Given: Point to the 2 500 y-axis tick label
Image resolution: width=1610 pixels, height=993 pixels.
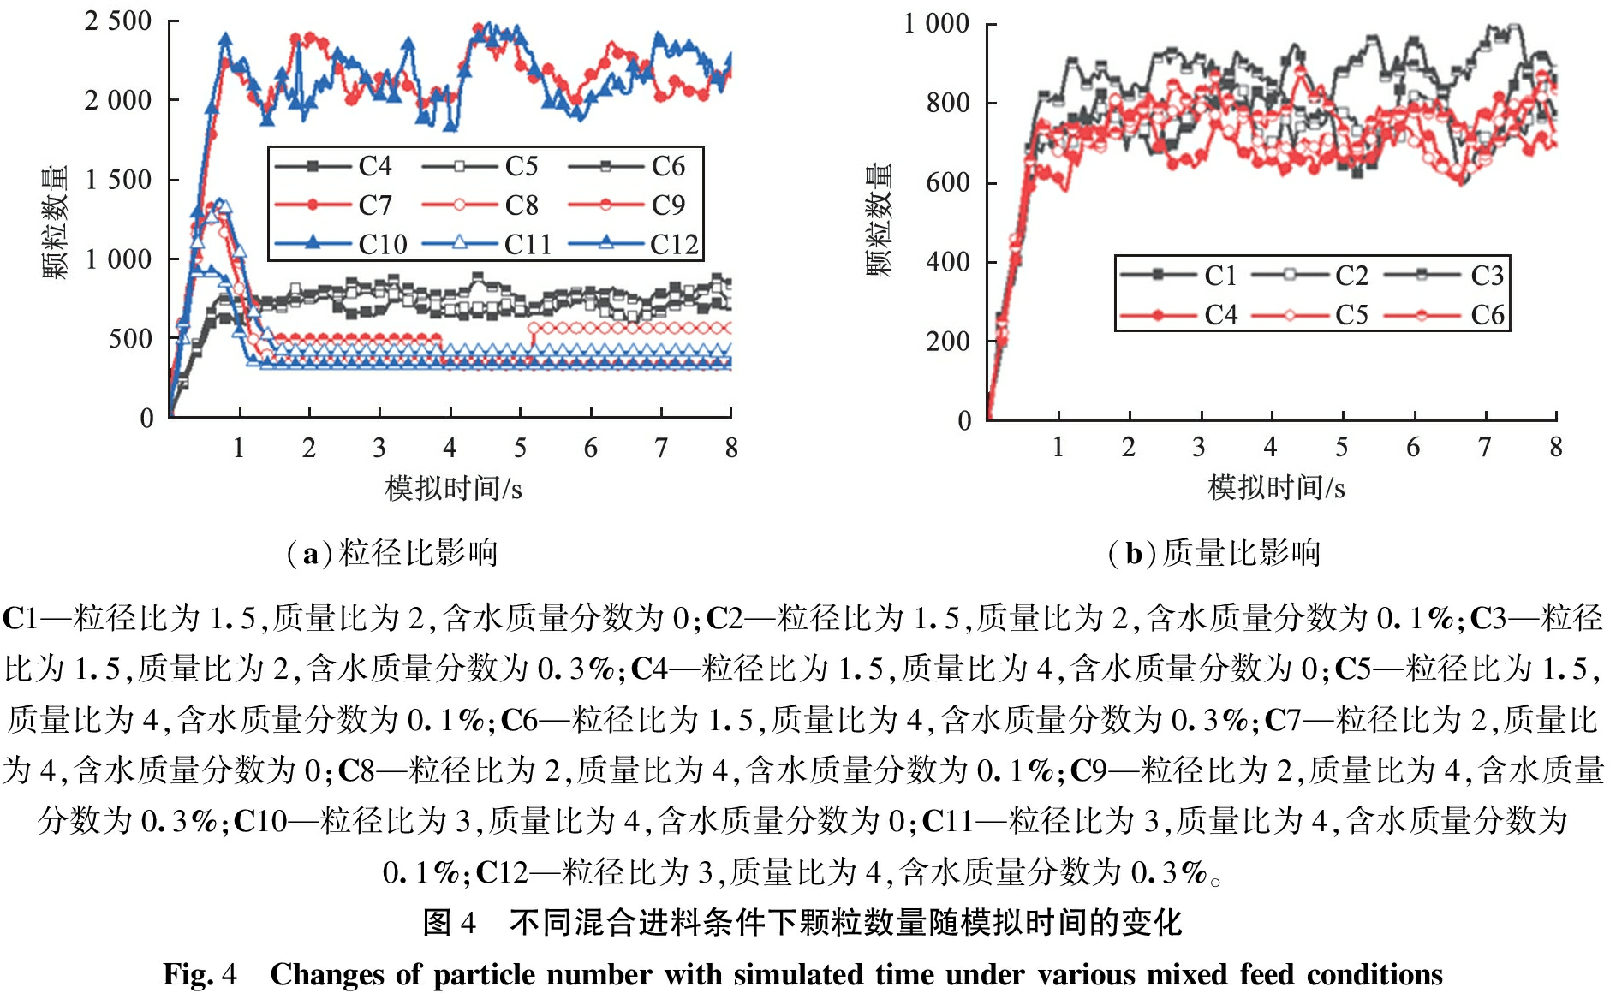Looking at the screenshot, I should [x=117, y=21].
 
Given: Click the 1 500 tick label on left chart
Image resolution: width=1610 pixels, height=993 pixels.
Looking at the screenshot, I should [x=117, y=180].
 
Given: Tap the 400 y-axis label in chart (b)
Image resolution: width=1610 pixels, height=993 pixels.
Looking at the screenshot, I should [x=948, y=262].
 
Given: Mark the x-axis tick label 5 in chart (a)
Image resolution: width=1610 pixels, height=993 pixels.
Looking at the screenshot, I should [x=520, y=448].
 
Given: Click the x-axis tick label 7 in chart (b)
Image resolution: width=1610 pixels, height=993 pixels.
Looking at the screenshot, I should [x=1484, y=447].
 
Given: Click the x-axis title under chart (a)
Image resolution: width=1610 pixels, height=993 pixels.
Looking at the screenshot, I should [x=453, y=488].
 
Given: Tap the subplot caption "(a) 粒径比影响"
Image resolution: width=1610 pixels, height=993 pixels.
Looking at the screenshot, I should [x=391, y=553].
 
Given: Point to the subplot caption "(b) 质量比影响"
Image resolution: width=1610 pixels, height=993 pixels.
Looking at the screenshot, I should [x=1213, y=553].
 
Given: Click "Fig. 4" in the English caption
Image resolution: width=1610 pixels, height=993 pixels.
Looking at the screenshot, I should [x=199, y=974].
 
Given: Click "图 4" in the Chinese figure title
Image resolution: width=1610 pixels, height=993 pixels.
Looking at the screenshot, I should [x=449, y=923].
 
